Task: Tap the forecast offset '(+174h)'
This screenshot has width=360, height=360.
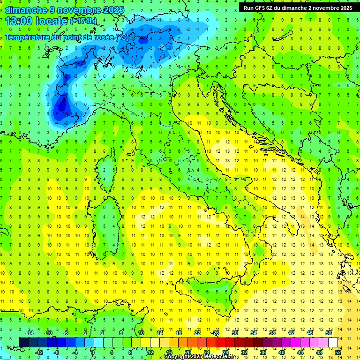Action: click(x=83, y=21)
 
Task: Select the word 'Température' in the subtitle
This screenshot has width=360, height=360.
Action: click(x=28, y=37)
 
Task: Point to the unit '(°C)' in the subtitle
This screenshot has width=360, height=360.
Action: click(x=122, y=37)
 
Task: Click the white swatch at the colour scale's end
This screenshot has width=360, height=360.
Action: click(x=333, y=342)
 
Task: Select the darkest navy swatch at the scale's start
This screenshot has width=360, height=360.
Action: click(x=23, y=342)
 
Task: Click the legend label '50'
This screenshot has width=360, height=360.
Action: click(x=329, y=333)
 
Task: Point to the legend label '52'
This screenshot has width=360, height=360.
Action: click(x=338, y=352)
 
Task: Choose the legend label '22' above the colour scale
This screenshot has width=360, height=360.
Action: click(x=197, y=333)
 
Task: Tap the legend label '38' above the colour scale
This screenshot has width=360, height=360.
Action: click(x=272, y=333)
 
